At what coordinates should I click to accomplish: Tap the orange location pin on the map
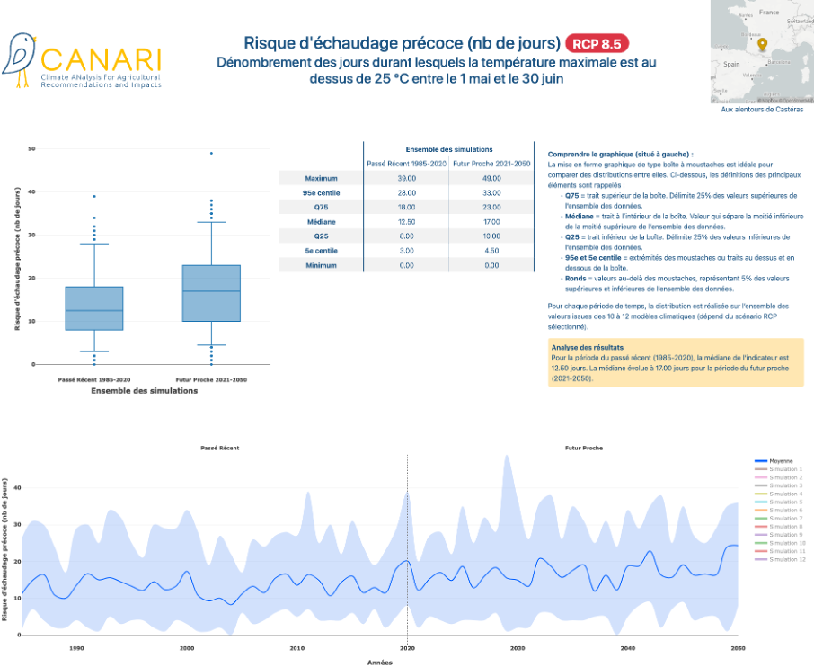pos(762,45)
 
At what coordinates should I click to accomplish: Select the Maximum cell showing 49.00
pos(491,178)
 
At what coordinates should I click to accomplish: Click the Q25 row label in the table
pos(320,235)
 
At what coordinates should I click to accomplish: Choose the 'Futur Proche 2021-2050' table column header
pos(491,163)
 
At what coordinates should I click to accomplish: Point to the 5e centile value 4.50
pos(491,250)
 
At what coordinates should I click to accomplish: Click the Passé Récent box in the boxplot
pos(94,308)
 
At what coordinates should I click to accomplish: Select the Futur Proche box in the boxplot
pos(211,293)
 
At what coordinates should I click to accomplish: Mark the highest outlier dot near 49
pos(211,153)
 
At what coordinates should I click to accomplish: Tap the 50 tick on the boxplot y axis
pos(32,148)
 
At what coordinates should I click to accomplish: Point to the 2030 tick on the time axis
pos(518,647)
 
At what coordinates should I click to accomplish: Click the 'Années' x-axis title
pos(380,662)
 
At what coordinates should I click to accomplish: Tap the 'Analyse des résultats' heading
pos(588,347)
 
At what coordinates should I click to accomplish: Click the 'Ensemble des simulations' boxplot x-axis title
pos(146,391)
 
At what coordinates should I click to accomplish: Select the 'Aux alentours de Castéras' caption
pos(762,109)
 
